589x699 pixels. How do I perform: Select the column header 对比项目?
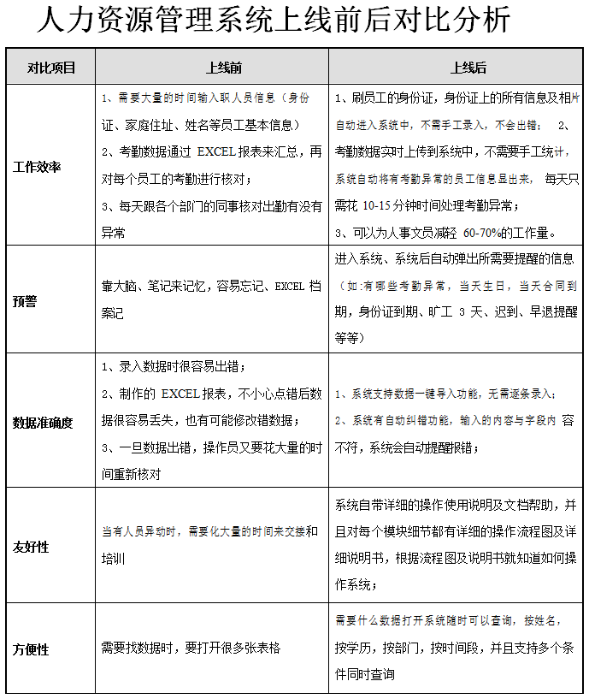(51, 67)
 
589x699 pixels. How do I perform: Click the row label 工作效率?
(38, 166)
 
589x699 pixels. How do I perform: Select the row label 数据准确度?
(44, 422)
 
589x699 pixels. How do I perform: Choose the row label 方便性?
(32, 649)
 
